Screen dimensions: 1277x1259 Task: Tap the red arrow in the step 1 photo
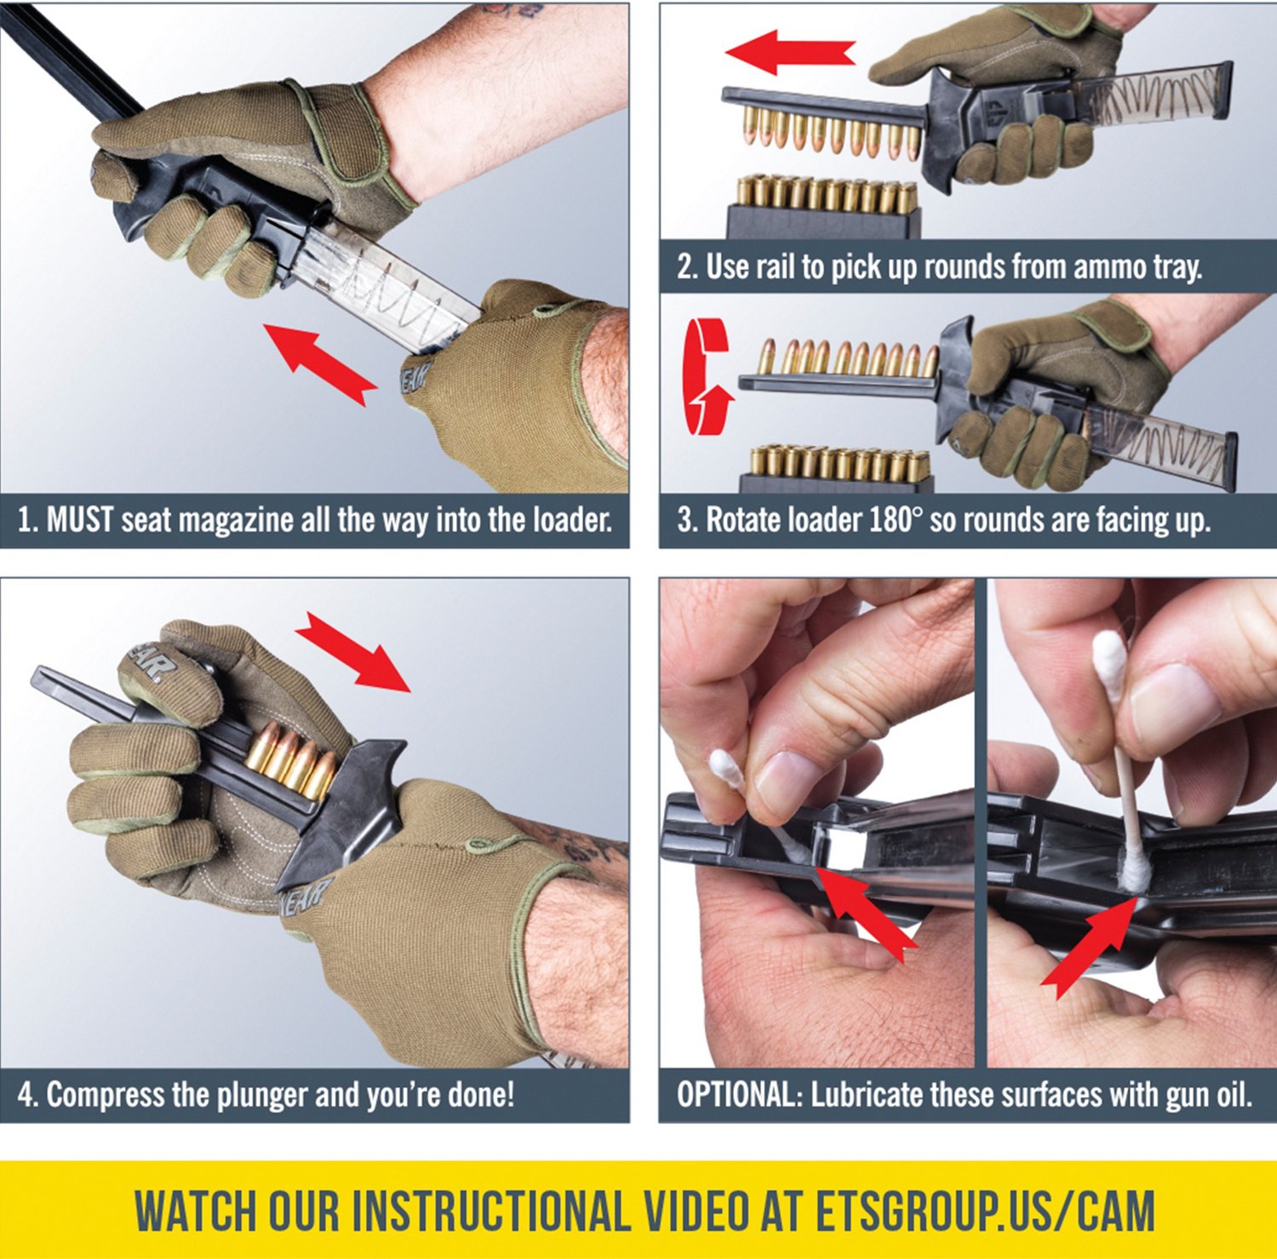[320, 363]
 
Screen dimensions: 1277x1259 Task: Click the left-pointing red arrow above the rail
[790, 52]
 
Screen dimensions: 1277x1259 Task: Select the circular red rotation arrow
[708, 377]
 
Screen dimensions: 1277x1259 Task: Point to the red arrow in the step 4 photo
[352, 651]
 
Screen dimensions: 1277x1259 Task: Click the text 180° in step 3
[896, 519]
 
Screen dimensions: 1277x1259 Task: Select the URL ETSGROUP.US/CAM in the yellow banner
[985, 1210]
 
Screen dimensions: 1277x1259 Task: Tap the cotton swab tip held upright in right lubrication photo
[1109, 664]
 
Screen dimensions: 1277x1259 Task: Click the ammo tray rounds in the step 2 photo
[827, 195]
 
